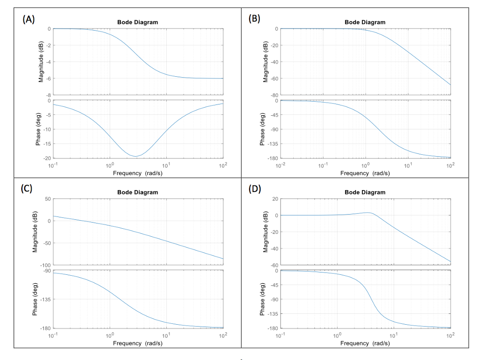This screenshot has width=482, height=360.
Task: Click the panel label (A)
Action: [29, 19]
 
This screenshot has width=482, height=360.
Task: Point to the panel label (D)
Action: [255, 189]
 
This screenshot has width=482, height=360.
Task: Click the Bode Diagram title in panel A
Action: [137, 22]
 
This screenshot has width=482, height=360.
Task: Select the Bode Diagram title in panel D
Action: [365, 192]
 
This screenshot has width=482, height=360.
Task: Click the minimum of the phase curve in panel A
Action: [135, 156]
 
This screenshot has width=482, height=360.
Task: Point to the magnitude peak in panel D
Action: [369, 213]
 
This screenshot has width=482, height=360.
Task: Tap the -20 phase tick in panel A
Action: [46, 158]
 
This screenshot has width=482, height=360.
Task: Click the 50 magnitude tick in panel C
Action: [47, 199]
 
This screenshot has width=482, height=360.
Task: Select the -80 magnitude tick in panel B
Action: [273, 95]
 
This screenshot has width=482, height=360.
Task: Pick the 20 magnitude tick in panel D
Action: [274, 199]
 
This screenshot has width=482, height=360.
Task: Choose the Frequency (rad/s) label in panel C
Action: [137, 343]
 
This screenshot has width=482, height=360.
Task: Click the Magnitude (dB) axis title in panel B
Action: [265, 62]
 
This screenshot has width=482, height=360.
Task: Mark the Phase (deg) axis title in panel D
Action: [263, 299]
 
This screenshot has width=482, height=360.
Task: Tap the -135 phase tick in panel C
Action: [45, 299]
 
